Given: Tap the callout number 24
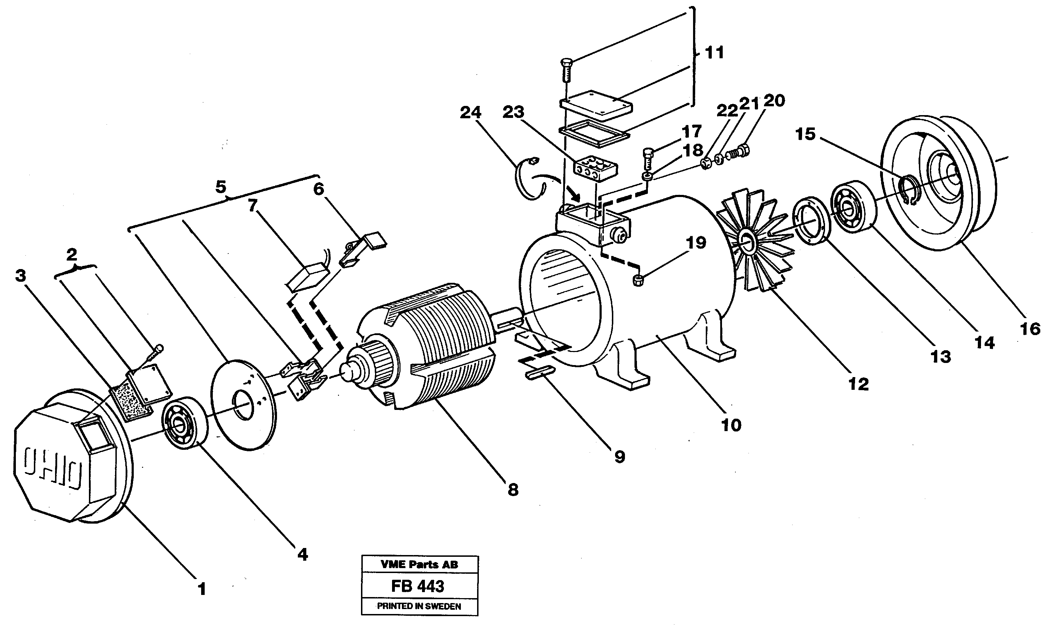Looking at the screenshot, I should coord(470,113).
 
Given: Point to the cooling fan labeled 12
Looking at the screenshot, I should coord(754,240).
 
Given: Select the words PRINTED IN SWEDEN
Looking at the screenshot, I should coord(419,606).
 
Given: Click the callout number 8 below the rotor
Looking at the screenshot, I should coord(512,490).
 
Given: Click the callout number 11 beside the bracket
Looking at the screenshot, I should coord(714,53).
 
